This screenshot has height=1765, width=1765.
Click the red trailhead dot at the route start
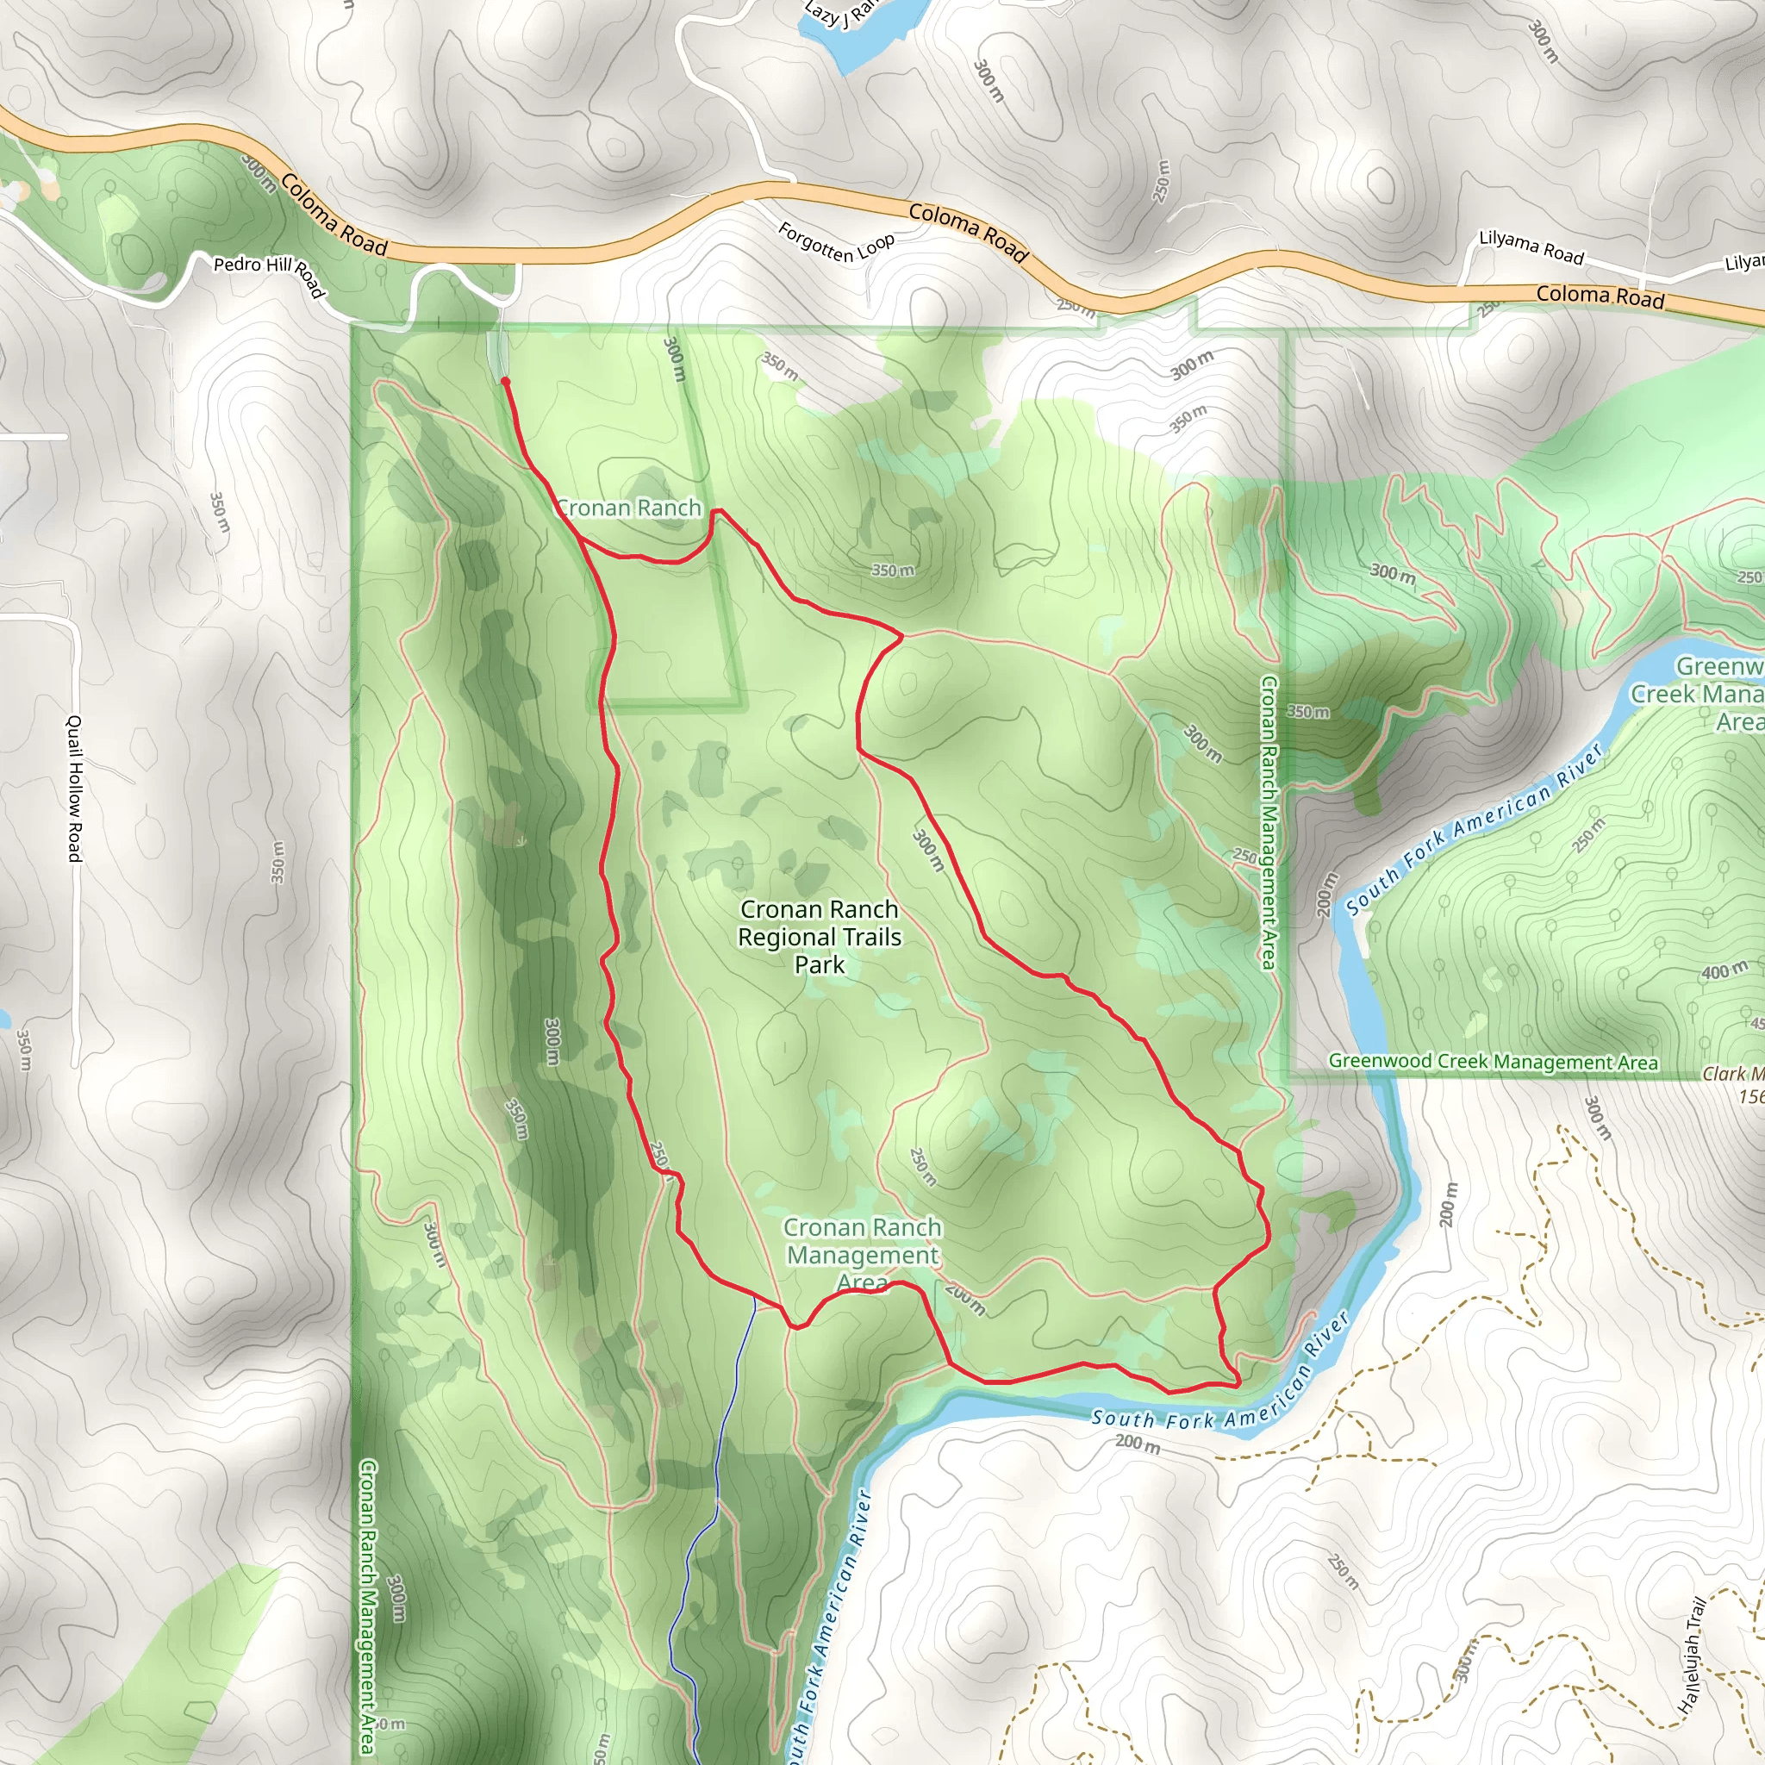click(505, 382)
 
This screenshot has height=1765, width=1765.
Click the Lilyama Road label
click(1531, 247)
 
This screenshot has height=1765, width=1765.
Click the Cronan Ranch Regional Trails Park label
click(820, 937)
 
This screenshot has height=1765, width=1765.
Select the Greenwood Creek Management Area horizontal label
click(1493, 1062)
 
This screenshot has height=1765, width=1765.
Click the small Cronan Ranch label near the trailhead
click(629, 508)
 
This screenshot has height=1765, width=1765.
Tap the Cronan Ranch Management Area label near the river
click(863, 1255)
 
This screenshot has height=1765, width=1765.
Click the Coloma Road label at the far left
click(334, 215)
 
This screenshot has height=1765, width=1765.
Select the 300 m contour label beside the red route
click(928, 849)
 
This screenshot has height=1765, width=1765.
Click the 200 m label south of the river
click(1138, 1444)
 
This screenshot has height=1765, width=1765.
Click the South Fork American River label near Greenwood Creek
click(1475, 827)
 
